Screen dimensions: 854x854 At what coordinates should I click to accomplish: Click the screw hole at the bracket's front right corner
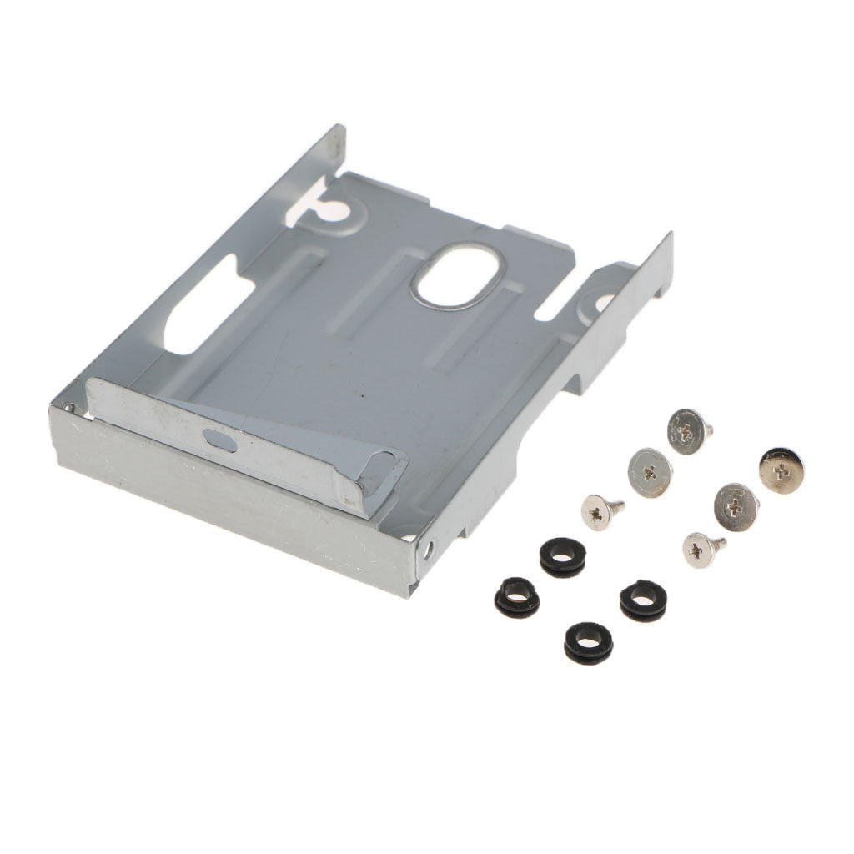coord(429,551)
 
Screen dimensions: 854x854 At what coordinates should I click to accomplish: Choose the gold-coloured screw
coord(779,470)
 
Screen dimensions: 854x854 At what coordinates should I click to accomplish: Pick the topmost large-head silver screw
coord(689,430)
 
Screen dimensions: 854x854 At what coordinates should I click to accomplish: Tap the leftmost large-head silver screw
coord(650,472)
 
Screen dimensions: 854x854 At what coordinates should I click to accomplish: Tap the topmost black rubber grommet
coord(563,555)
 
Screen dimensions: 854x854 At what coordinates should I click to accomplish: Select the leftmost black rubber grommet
coord(516,597)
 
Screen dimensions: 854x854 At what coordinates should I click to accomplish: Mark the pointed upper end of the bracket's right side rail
coord(668,239)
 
